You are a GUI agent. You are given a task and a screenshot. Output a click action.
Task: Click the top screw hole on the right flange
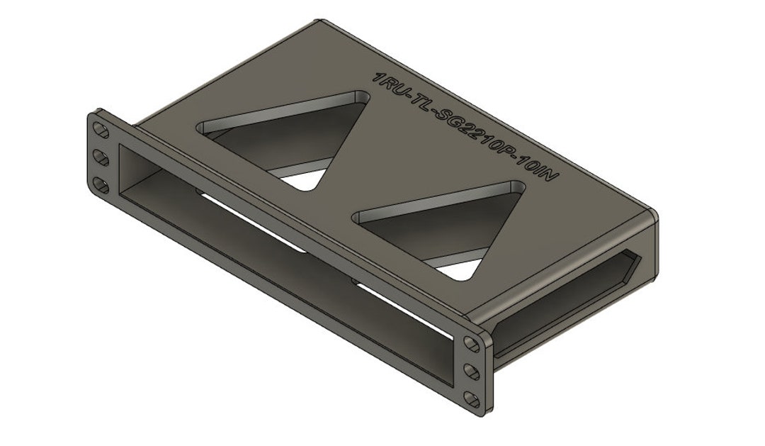point(471,343)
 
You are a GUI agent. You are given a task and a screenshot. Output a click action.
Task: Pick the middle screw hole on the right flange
point(471,370)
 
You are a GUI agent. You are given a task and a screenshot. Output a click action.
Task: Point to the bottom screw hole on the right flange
point(471,398)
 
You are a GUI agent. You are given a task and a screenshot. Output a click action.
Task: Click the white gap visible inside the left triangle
point(307,179)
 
